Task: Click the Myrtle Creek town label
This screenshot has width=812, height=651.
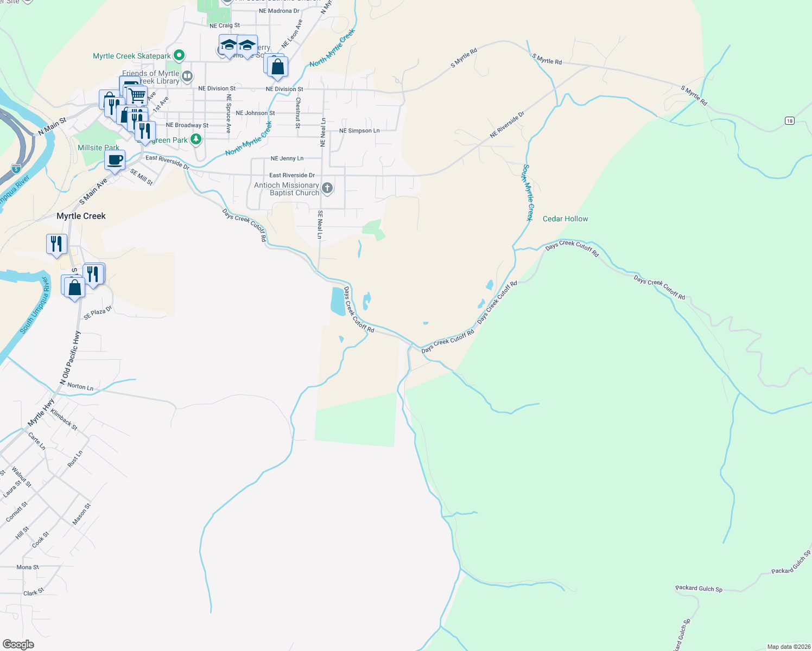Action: [81, 216]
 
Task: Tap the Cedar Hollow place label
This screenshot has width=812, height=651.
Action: [565, 219]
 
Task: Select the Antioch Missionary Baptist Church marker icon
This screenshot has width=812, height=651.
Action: [327, 188]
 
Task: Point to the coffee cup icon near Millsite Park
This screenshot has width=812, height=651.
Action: [115, 161]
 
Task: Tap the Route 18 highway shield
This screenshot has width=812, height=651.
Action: [789, 120]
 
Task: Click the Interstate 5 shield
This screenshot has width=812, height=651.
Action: [16, 169]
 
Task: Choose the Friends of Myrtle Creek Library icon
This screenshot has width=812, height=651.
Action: [187, 76]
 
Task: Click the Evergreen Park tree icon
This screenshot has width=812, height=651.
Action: [196, 140]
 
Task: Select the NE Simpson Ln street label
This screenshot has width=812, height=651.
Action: [359, 131]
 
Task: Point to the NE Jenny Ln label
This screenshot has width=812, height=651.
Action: [287, 158]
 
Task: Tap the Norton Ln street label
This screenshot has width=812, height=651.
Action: [80, 386]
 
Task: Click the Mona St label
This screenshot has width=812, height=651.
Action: [28, 567]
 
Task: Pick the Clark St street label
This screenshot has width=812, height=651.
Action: [34, 592]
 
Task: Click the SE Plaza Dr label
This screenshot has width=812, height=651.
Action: [98, 313]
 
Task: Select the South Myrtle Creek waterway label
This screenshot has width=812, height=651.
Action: [528, 193]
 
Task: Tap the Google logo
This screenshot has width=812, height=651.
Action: [18, 644]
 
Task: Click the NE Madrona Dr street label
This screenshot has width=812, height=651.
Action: [279, 11]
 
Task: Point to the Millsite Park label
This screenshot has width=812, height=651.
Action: [98, 148]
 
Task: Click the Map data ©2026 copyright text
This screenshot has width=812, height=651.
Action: [788, 647]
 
